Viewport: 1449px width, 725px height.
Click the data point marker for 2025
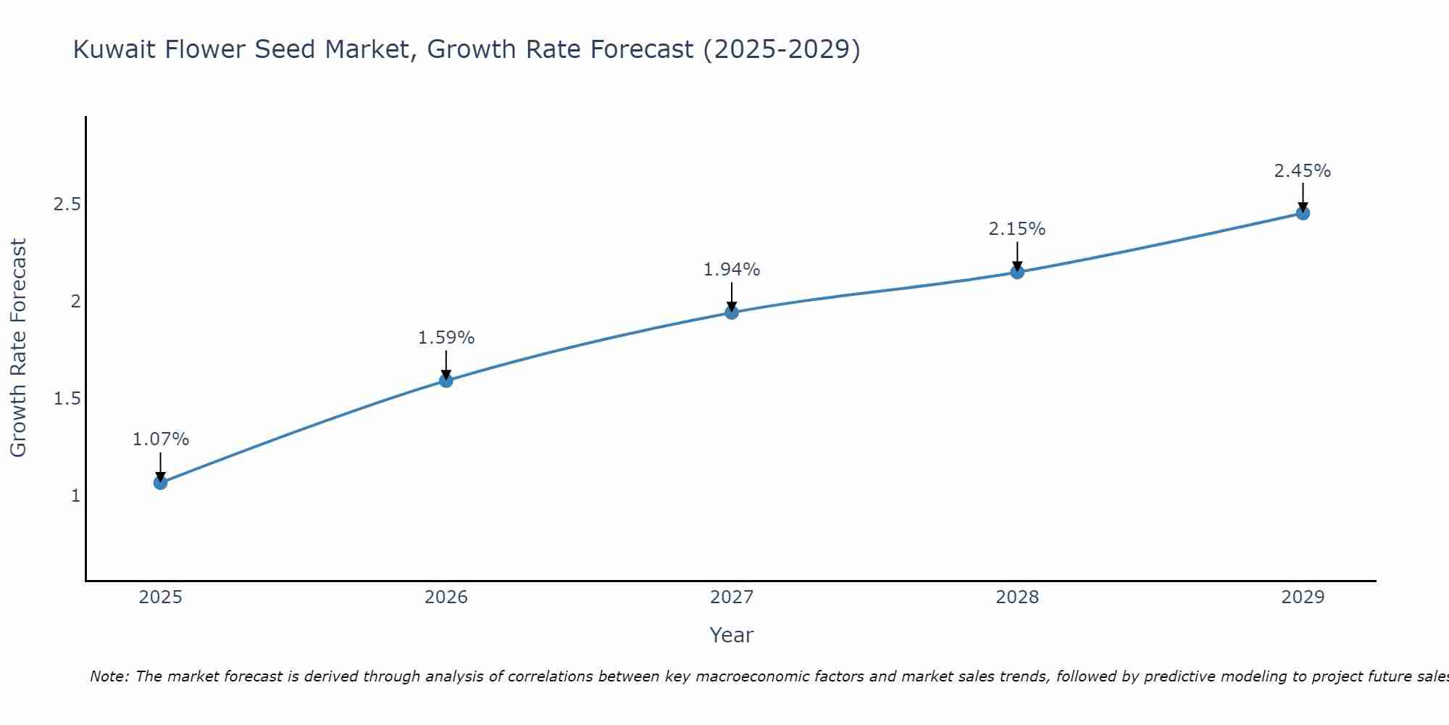point(161,483)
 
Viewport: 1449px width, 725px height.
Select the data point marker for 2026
point(446,381)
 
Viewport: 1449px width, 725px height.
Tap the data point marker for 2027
point(732,312)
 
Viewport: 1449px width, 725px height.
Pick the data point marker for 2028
point(1017,273)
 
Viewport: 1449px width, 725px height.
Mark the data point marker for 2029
point(1303,213)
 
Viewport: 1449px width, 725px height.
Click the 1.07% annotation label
point(161,439)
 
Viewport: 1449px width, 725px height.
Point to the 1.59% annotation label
point(446,338)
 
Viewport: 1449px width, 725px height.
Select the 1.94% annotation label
point(732,270)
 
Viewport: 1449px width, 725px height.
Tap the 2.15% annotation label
point(1017,229)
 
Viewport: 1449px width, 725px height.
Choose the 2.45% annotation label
point(1303,171)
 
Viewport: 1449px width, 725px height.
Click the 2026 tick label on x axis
point(446,597)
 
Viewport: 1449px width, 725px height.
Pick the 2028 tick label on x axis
point(1017,597)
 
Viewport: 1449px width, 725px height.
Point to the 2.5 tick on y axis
point(67,204)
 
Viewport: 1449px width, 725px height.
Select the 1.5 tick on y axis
point(67,399)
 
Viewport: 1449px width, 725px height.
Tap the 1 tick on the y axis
point(75,496)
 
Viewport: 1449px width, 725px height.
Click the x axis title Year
point(732,635)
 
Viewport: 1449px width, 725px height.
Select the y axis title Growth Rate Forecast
point(18,348)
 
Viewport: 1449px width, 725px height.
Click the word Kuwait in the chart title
point(113,49)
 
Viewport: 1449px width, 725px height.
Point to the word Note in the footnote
point(109,676)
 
